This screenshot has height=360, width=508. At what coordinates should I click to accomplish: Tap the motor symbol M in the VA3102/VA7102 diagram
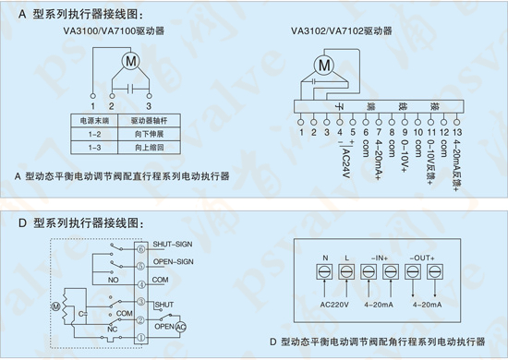(x=323, y=66)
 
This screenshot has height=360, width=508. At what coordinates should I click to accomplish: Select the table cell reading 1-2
(x=93, y=133)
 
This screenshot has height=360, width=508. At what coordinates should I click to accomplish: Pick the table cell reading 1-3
(x=93, y=146)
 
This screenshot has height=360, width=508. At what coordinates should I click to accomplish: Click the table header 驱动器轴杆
(x=148, y=120)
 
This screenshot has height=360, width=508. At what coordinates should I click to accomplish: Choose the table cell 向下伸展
(x=148, y=133)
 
